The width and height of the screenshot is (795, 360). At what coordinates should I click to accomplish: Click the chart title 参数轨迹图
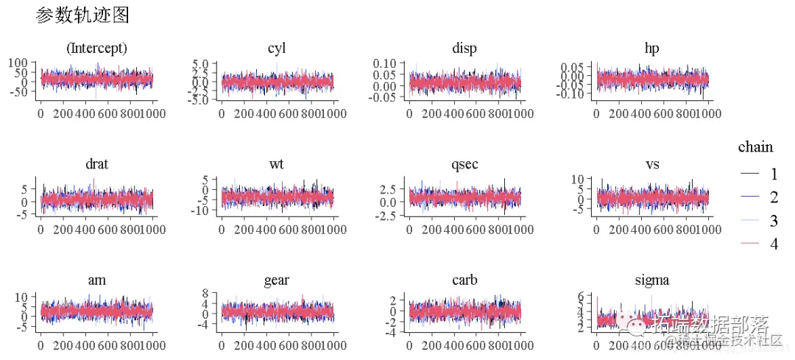[x=82, y=15]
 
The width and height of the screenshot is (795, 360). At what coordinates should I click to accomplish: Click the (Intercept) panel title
[x=96, y=49]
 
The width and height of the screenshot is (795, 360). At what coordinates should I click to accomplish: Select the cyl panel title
[x=277, y=49]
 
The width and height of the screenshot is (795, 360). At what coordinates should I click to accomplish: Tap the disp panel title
[x=464, y=49]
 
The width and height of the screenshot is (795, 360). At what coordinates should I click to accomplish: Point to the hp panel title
[x=651, y=49]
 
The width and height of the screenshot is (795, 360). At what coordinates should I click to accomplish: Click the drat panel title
[x=96, y=163]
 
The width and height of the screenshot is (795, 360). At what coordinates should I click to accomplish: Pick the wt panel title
[x=277, y=163]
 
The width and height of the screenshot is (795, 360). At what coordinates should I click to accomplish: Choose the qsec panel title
[x=464, y=163]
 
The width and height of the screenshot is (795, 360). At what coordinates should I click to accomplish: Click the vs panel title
[x=651, y=163]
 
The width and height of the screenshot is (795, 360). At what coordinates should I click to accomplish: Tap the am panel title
[x=96, y=280]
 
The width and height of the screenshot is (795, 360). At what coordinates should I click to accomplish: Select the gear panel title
[x=277, y=280]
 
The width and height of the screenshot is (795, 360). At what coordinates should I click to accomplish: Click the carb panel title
[x=464, y=280]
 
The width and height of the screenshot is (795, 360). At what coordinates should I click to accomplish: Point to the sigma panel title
[x=651, y=280]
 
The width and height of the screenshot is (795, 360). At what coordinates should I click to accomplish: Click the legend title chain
[x=755, y=147]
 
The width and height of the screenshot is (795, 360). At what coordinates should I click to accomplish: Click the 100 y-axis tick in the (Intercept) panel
[x=18, y=63]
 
